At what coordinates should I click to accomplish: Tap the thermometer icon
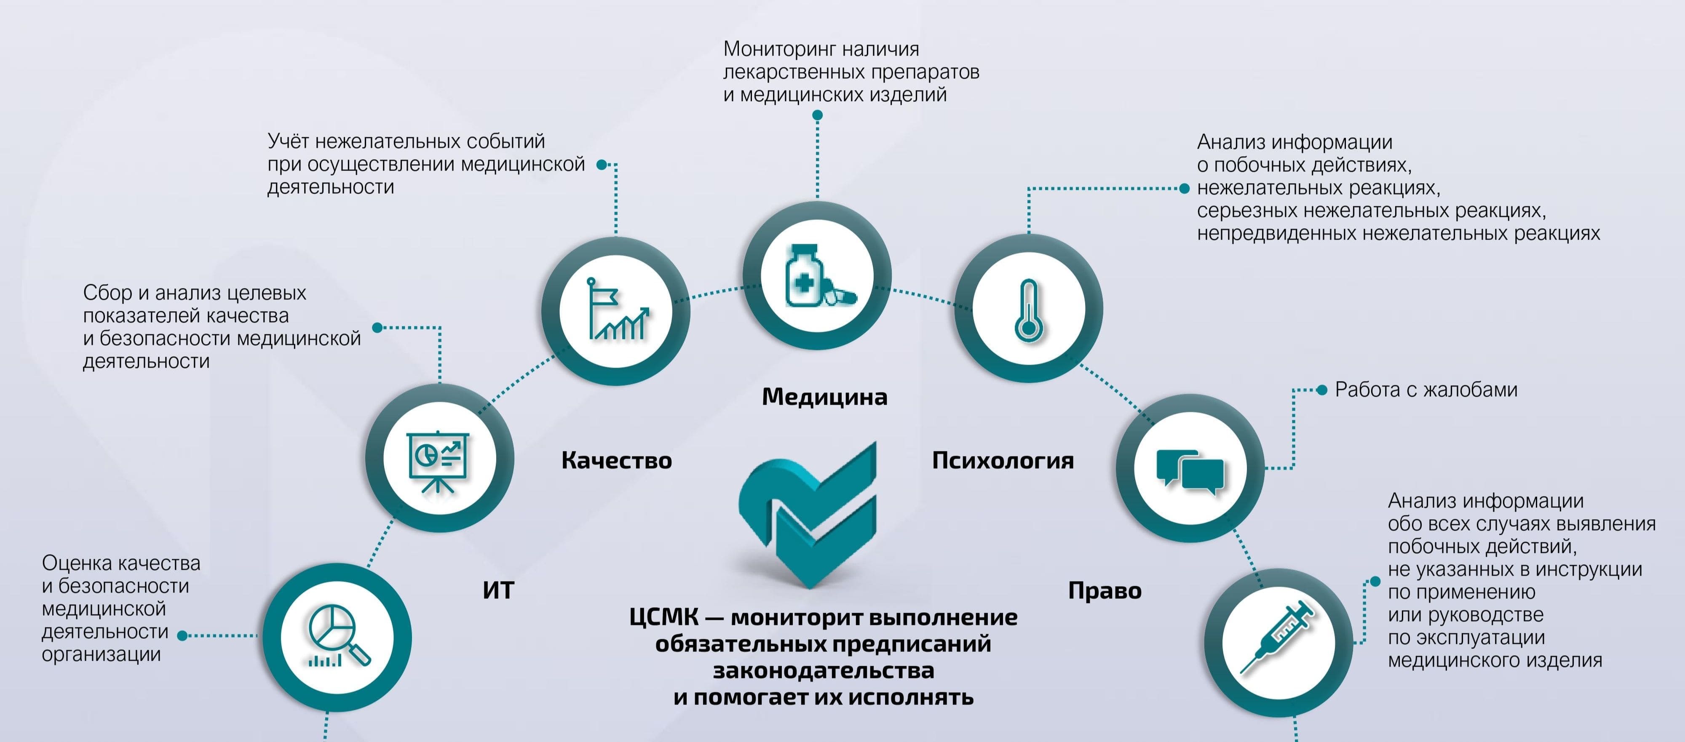coord(1028,310)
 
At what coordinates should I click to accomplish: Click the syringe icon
coord(1277,636)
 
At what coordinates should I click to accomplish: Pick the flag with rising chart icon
coord(618,309)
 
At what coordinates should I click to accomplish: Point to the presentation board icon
coord(438,462)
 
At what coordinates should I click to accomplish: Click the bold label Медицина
coord(824,397)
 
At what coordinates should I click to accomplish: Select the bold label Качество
coord(617,461)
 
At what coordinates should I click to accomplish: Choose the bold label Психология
coord(1003,461)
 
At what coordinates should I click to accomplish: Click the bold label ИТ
coord(498,591)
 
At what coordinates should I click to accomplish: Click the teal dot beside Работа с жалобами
coord(1321,390)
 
